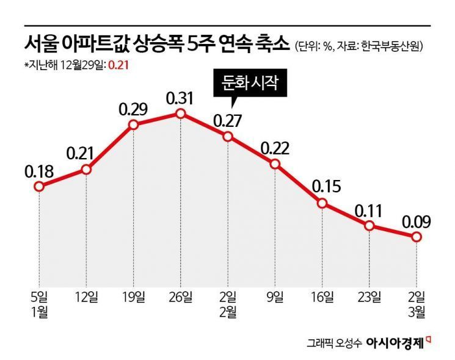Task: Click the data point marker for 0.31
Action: (x=180, y=113)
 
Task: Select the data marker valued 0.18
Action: (x=38, y=187)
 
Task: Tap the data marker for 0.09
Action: (x=417, y=236)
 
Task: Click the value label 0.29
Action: (x=133, y=109)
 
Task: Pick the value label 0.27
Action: (x=228, y=120)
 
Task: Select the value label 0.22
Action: (x=275, y=148)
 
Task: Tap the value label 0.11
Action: (x=369, y=211)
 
